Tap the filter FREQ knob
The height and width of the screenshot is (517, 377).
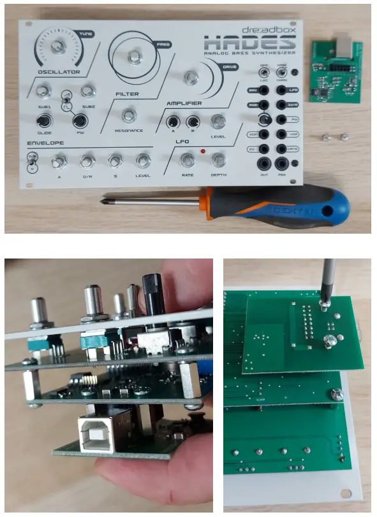134,57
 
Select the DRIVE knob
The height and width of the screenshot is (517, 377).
190,78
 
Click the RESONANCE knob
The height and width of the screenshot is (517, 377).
129,115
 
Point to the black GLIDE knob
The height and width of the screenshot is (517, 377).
43,121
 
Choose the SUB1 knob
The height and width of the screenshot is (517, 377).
43,91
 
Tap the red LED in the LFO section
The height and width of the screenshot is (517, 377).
202,152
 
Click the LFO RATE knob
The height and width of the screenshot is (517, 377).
187,160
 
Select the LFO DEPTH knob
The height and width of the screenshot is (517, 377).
218,160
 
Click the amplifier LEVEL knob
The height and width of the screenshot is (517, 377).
218,122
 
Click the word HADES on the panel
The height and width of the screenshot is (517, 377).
249,43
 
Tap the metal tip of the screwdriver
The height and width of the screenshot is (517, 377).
105,202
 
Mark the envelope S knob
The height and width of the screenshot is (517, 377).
114,161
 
